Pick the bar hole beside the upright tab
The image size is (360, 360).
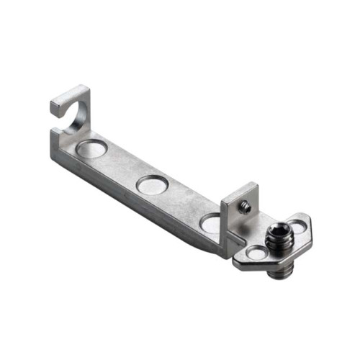point(211,222)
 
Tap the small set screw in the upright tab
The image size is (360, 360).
point(246,207)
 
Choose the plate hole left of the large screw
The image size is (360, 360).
point(256,253)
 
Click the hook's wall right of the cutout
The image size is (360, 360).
point(84,115)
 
